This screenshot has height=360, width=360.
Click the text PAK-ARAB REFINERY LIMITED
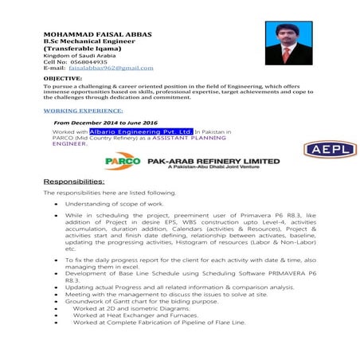coord(213,159)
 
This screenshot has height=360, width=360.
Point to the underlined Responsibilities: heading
coord(73,182)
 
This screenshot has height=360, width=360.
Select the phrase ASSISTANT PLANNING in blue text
coord(183,138)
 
